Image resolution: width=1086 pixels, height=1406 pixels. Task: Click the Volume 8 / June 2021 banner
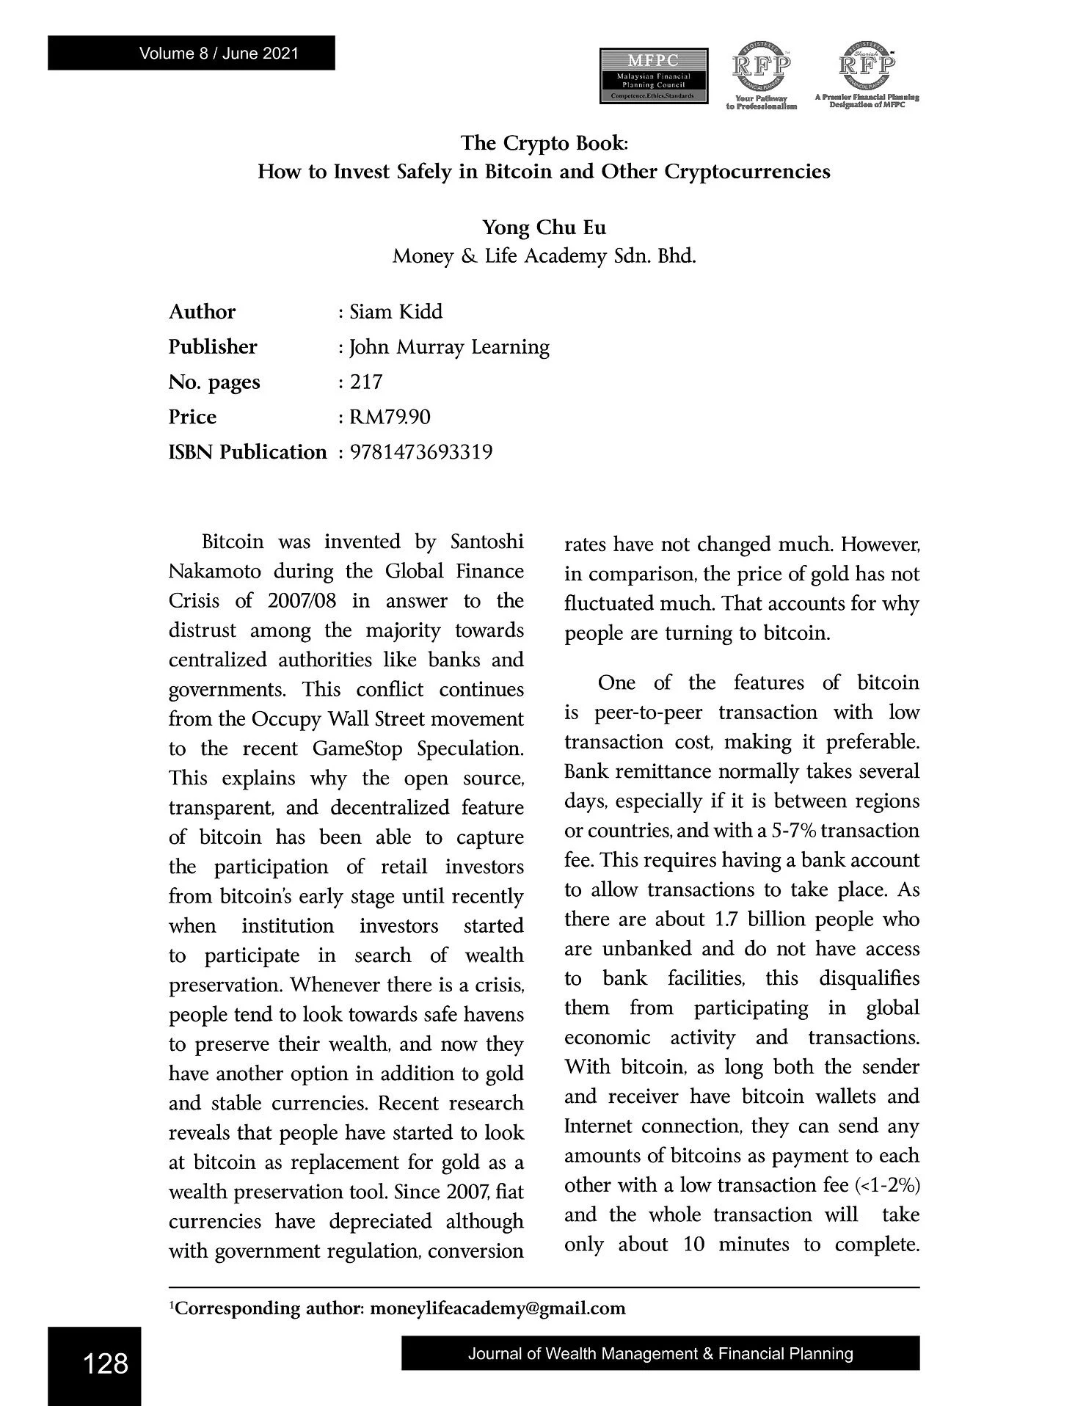(191, 53)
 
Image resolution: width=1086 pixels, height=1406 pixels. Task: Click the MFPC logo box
(653, 76)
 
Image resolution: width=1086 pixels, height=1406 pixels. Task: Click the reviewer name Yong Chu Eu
(544, 227)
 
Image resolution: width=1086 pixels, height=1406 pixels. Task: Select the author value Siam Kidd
(396, 312)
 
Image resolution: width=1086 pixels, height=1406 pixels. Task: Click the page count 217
(366, 382)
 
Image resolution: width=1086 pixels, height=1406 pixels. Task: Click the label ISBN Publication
(247, 452)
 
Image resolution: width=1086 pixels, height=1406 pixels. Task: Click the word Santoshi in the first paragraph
(486, 542)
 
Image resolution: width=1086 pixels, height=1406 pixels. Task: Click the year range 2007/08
(302, 601)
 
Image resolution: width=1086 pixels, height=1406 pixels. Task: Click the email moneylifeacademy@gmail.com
(498, 1308)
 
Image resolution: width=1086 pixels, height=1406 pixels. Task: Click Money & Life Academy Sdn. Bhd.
(544, 257)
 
